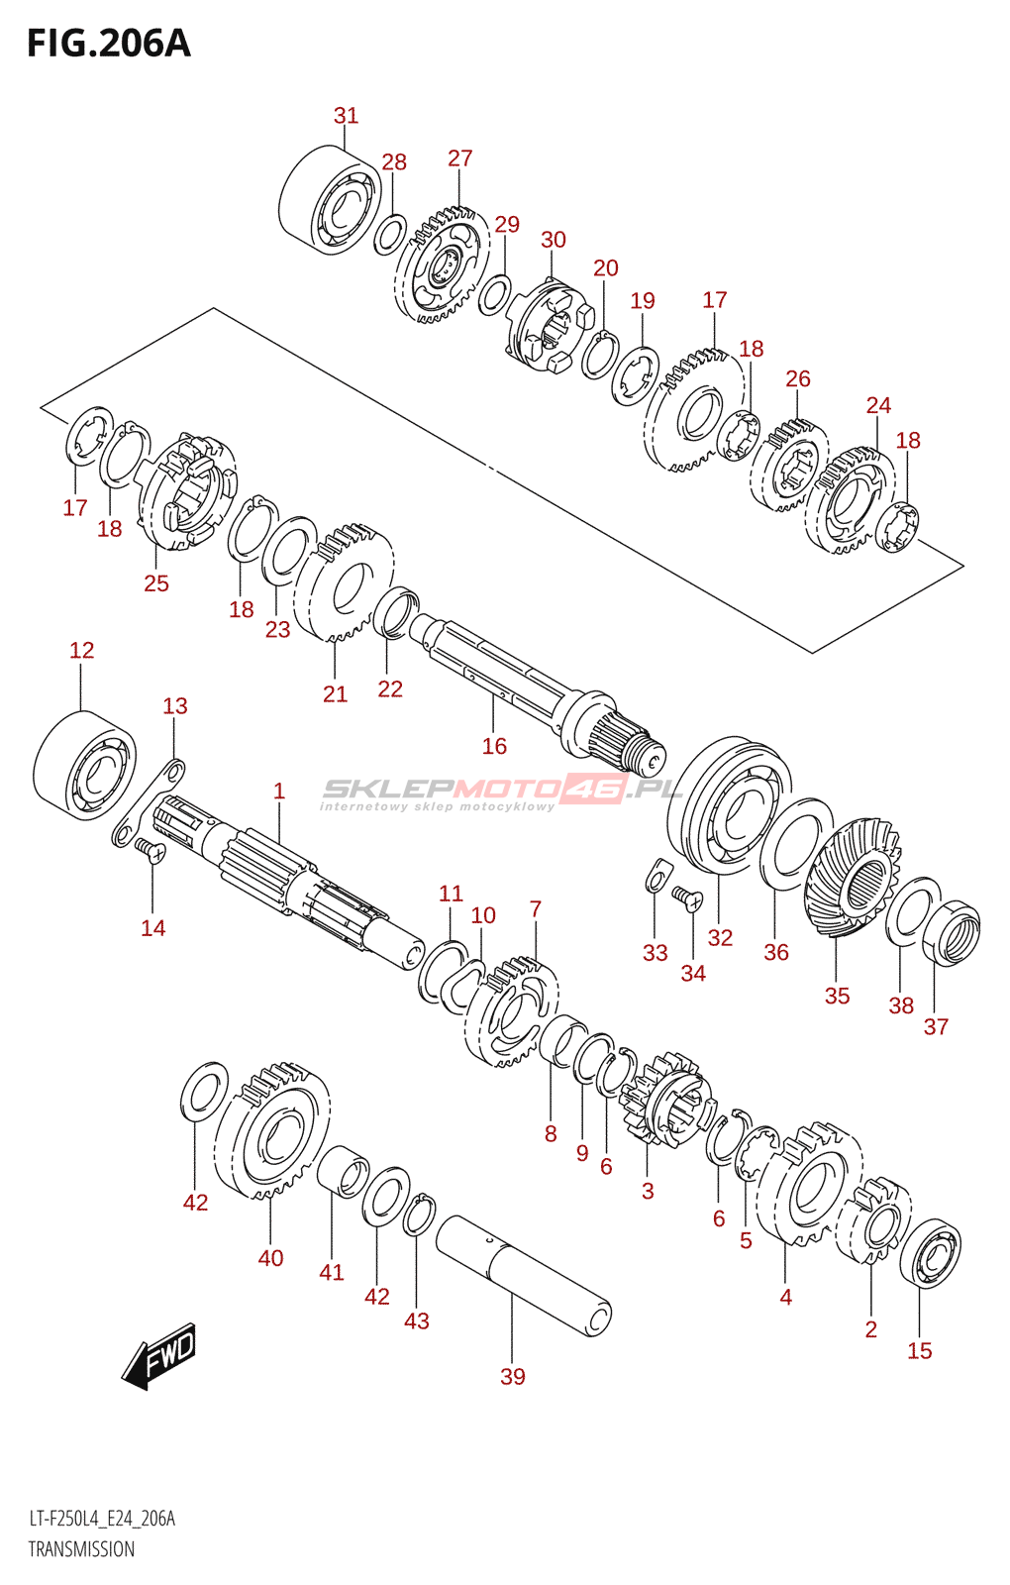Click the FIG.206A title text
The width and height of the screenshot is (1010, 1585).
tap(109, 44)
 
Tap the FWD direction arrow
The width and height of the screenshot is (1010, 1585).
tap(158, 1355)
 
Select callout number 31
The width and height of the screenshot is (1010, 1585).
tap(346, 115)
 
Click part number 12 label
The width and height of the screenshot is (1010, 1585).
tap(81, 650)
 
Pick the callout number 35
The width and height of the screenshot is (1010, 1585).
tap(837, 996)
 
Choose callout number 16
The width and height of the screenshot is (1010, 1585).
tap(494, 746)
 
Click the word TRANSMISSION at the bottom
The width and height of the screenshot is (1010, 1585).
tap(81, 1549)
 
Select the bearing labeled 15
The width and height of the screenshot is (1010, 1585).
tap(931, 1254)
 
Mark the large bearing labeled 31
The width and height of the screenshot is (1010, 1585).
tap(330, 200)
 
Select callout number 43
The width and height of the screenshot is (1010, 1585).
tap(417, 1321)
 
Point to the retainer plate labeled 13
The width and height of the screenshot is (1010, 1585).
tap(150, 802)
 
